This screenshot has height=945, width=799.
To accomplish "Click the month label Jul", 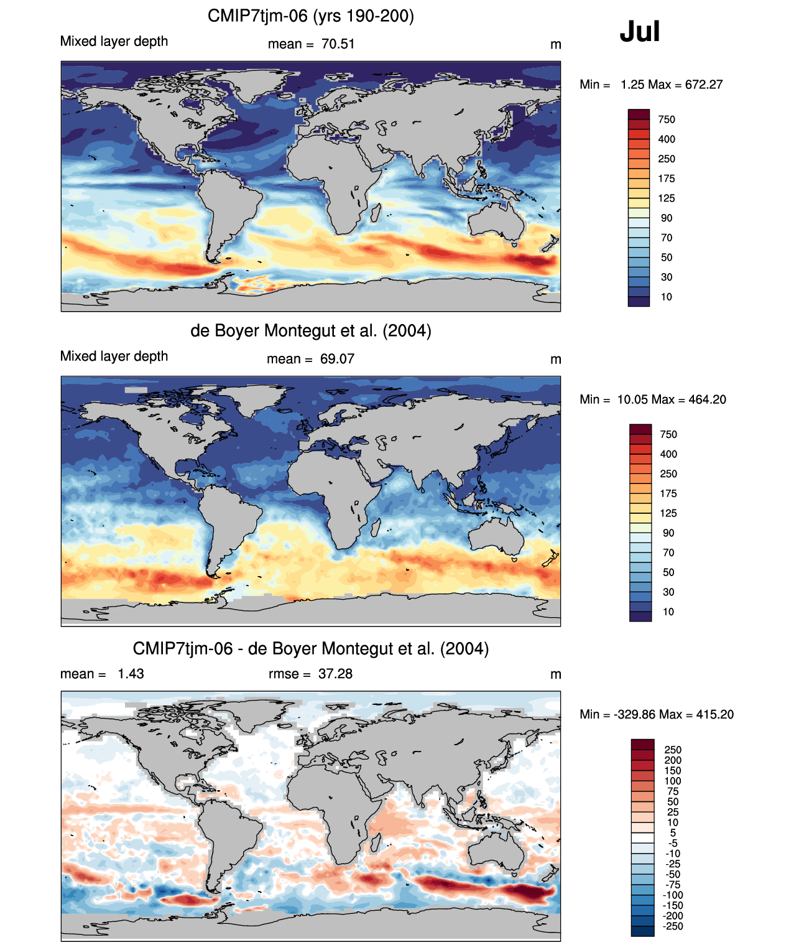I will coord(639,32).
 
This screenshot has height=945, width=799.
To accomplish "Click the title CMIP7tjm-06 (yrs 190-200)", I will coord(310,16).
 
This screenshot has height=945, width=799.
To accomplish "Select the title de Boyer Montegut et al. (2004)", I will coord(310,330).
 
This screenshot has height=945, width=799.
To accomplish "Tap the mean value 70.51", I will coord(338,44).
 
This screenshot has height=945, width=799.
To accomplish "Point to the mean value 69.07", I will coord(337,359).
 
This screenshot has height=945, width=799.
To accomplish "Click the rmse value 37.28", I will coord(335,674).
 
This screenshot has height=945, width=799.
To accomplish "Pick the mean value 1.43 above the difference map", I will coord(131,674).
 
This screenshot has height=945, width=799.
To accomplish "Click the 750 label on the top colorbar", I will coord(667,119).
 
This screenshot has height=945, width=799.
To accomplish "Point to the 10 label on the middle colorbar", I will coord(668,612).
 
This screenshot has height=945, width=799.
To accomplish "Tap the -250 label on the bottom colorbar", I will coord(673,926).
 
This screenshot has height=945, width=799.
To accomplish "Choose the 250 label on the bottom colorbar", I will coord(673,750).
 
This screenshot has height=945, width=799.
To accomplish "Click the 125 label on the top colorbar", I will coord(667,198).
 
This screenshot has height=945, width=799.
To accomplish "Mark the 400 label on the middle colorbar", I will coord(668,454).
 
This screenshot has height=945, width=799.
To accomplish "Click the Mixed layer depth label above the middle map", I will coord(114,356).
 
